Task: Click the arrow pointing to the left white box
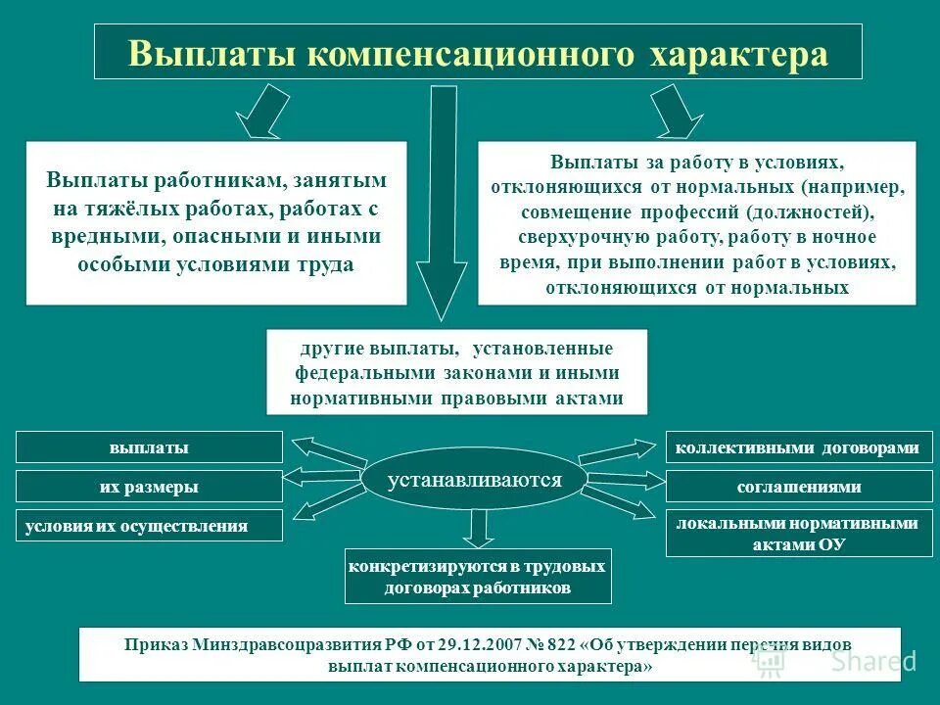click(263, 111)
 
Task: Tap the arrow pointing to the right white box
click(674, 111)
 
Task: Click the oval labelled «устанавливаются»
click(475, 480)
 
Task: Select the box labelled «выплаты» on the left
click(149, 447)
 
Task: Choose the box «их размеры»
click(149, 487)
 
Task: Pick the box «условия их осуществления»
click(149, 526)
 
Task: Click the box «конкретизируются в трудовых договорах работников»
click(478, 577)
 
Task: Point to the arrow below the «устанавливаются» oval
click(477, 526)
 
